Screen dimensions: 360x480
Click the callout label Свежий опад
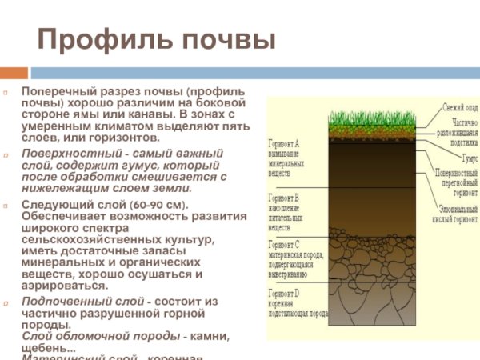point(461,107)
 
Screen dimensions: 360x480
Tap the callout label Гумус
point(468,158)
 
